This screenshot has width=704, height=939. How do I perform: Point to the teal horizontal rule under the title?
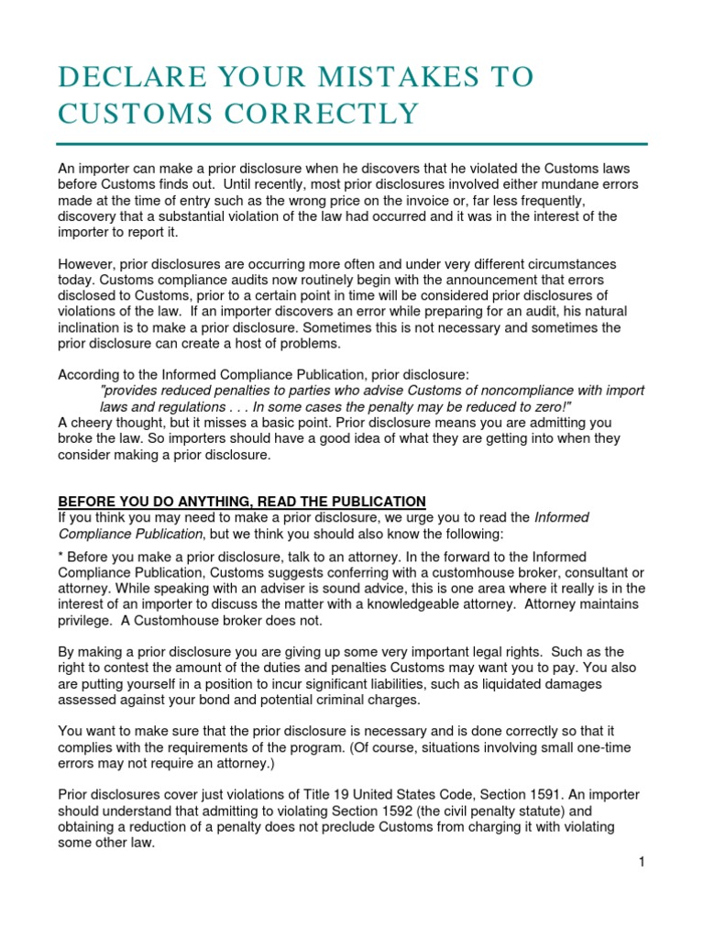[x=352, y=144]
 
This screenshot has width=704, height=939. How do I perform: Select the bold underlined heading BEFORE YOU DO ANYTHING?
[x=242, y=501]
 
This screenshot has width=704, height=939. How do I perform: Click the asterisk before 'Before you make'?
[x=61, y=556]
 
